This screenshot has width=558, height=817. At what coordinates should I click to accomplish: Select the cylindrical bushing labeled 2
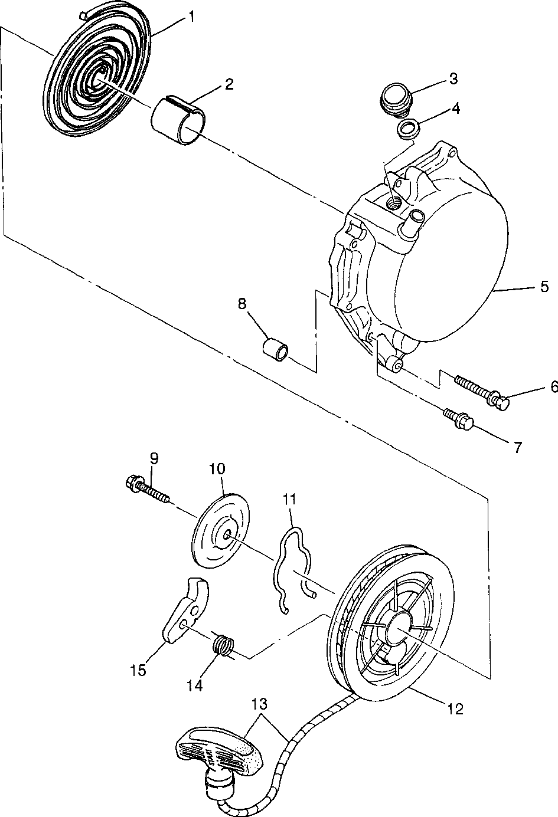pos(176,120)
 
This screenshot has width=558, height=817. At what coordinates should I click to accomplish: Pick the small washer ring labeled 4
pos(407,128)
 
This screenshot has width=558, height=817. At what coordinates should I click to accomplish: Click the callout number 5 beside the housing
pos(544,287)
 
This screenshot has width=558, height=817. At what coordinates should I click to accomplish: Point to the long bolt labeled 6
pos(480,390)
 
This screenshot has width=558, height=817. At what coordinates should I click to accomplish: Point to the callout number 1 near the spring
pos(191,17)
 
